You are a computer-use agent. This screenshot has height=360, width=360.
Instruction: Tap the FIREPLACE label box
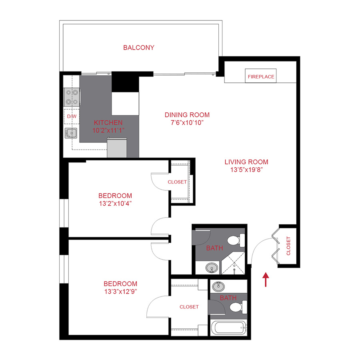[x=261, y=76]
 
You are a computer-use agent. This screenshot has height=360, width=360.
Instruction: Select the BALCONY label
[x=139, y=48]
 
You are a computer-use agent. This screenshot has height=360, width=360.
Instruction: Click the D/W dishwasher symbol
[x=72, y=116]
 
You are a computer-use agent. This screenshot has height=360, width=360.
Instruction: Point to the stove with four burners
[x=72, y=96]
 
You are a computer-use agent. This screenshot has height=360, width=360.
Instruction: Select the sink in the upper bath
[x=212, y=267]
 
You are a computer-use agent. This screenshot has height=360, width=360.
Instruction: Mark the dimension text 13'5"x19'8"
[x=246, y=169]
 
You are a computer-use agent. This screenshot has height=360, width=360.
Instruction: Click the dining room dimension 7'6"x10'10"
[x=187, y=122]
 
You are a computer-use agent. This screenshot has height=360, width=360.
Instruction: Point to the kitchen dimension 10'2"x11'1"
[x=108, y=130]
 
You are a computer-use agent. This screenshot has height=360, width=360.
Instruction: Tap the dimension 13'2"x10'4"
[x=115, y=203]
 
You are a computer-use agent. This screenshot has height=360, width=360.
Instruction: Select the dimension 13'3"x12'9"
[x=115, y=291]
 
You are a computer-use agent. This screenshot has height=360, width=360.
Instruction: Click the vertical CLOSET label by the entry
[x=288, y=246]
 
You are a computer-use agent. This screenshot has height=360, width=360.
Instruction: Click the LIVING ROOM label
[x=246, y=162]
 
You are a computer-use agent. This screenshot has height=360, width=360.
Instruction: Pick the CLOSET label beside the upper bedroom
[x=177, y=182]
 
